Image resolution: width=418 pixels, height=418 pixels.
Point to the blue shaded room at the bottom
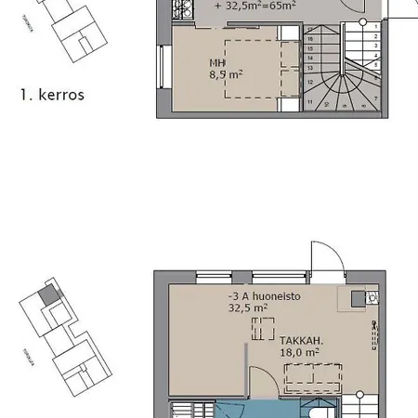251,411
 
